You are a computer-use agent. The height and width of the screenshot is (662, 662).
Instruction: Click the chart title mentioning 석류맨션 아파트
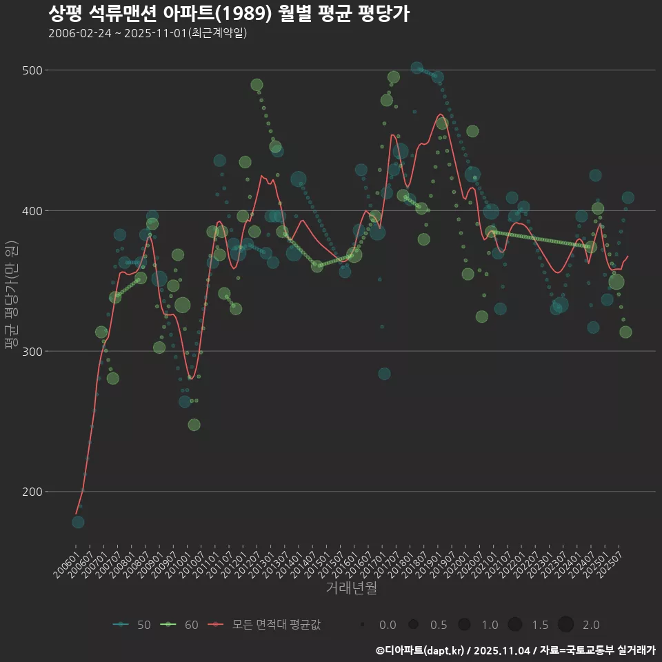point(229,13)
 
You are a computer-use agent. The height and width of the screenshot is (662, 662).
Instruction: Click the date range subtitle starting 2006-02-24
point(148,33)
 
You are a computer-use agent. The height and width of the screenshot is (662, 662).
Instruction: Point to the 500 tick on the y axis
point(33,70)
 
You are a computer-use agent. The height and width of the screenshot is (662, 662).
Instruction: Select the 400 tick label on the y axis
point(33,210)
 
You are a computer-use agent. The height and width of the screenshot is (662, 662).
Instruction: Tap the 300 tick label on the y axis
point(33,351)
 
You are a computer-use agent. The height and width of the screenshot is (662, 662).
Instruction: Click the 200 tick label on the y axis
point(33,492)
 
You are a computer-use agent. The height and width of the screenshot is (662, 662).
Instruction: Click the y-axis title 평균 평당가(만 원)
point(11,295)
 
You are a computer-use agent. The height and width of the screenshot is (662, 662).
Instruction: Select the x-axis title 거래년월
point(351,588)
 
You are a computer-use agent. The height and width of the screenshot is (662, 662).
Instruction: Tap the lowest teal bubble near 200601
point(78,522)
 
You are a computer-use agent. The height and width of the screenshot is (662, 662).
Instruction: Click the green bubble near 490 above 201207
point(257,85)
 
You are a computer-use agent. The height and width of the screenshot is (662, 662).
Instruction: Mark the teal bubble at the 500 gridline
point(417,68)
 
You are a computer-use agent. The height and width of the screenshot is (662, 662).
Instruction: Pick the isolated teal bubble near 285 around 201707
point(384,374)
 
